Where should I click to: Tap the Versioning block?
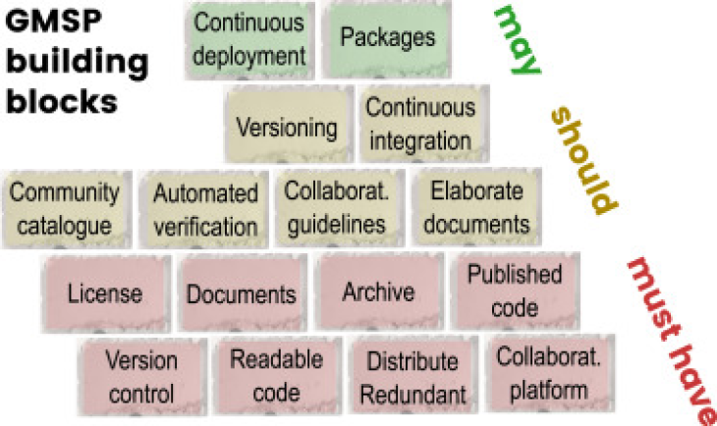coord(287,127)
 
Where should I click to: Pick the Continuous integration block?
coord(419,125)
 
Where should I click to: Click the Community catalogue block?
coord(66,208)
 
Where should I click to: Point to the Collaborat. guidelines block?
coord(337,207)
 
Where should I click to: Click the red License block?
coord(105,293)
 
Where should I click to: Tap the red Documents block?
coord(242,293)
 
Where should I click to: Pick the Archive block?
coord(378,292)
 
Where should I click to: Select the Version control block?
coord(141,377)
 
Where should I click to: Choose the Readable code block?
coord(277,376)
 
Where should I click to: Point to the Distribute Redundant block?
coord(412,377)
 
